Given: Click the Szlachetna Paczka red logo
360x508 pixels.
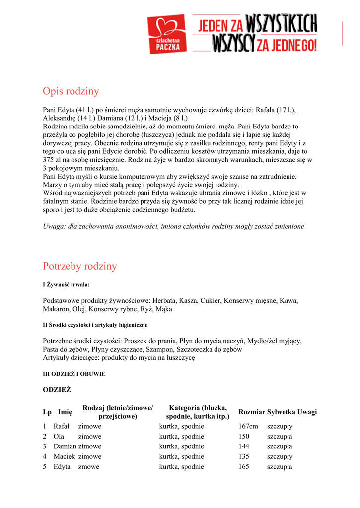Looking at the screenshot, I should click(x=166, y=34).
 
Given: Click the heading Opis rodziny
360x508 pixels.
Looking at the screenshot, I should click(x=71, y=91).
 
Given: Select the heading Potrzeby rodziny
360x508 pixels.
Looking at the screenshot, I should click(x=80, y=266).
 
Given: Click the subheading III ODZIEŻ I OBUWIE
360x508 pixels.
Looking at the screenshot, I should click(x=74, y=373).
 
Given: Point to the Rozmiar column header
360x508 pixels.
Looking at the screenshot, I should click(x=251, y=412).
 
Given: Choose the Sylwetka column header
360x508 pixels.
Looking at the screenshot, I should click(x=281, y=412).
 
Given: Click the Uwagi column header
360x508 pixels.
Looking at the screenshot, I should click(x=307, y=412).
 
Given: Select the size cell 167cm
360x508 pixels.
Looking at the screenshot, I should click(x=248, y=426).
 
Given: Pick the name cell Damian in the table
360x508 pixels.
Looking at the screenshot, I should click(x=65, y=446).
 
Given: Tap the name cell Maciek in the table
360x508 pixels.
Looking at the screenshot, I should click(x=64, y=456).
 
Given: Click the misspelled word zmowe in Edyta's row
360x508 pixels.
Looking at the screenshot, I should click(x=89, y=467).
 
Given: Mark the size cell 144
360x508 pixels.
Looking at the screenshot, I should click(x=244, y=446).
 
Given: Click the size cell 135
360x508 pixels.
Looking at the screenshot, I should click(x=244, y=456).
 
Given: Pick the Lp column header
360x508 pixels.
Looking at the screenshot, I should click(x=47, y=412).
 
